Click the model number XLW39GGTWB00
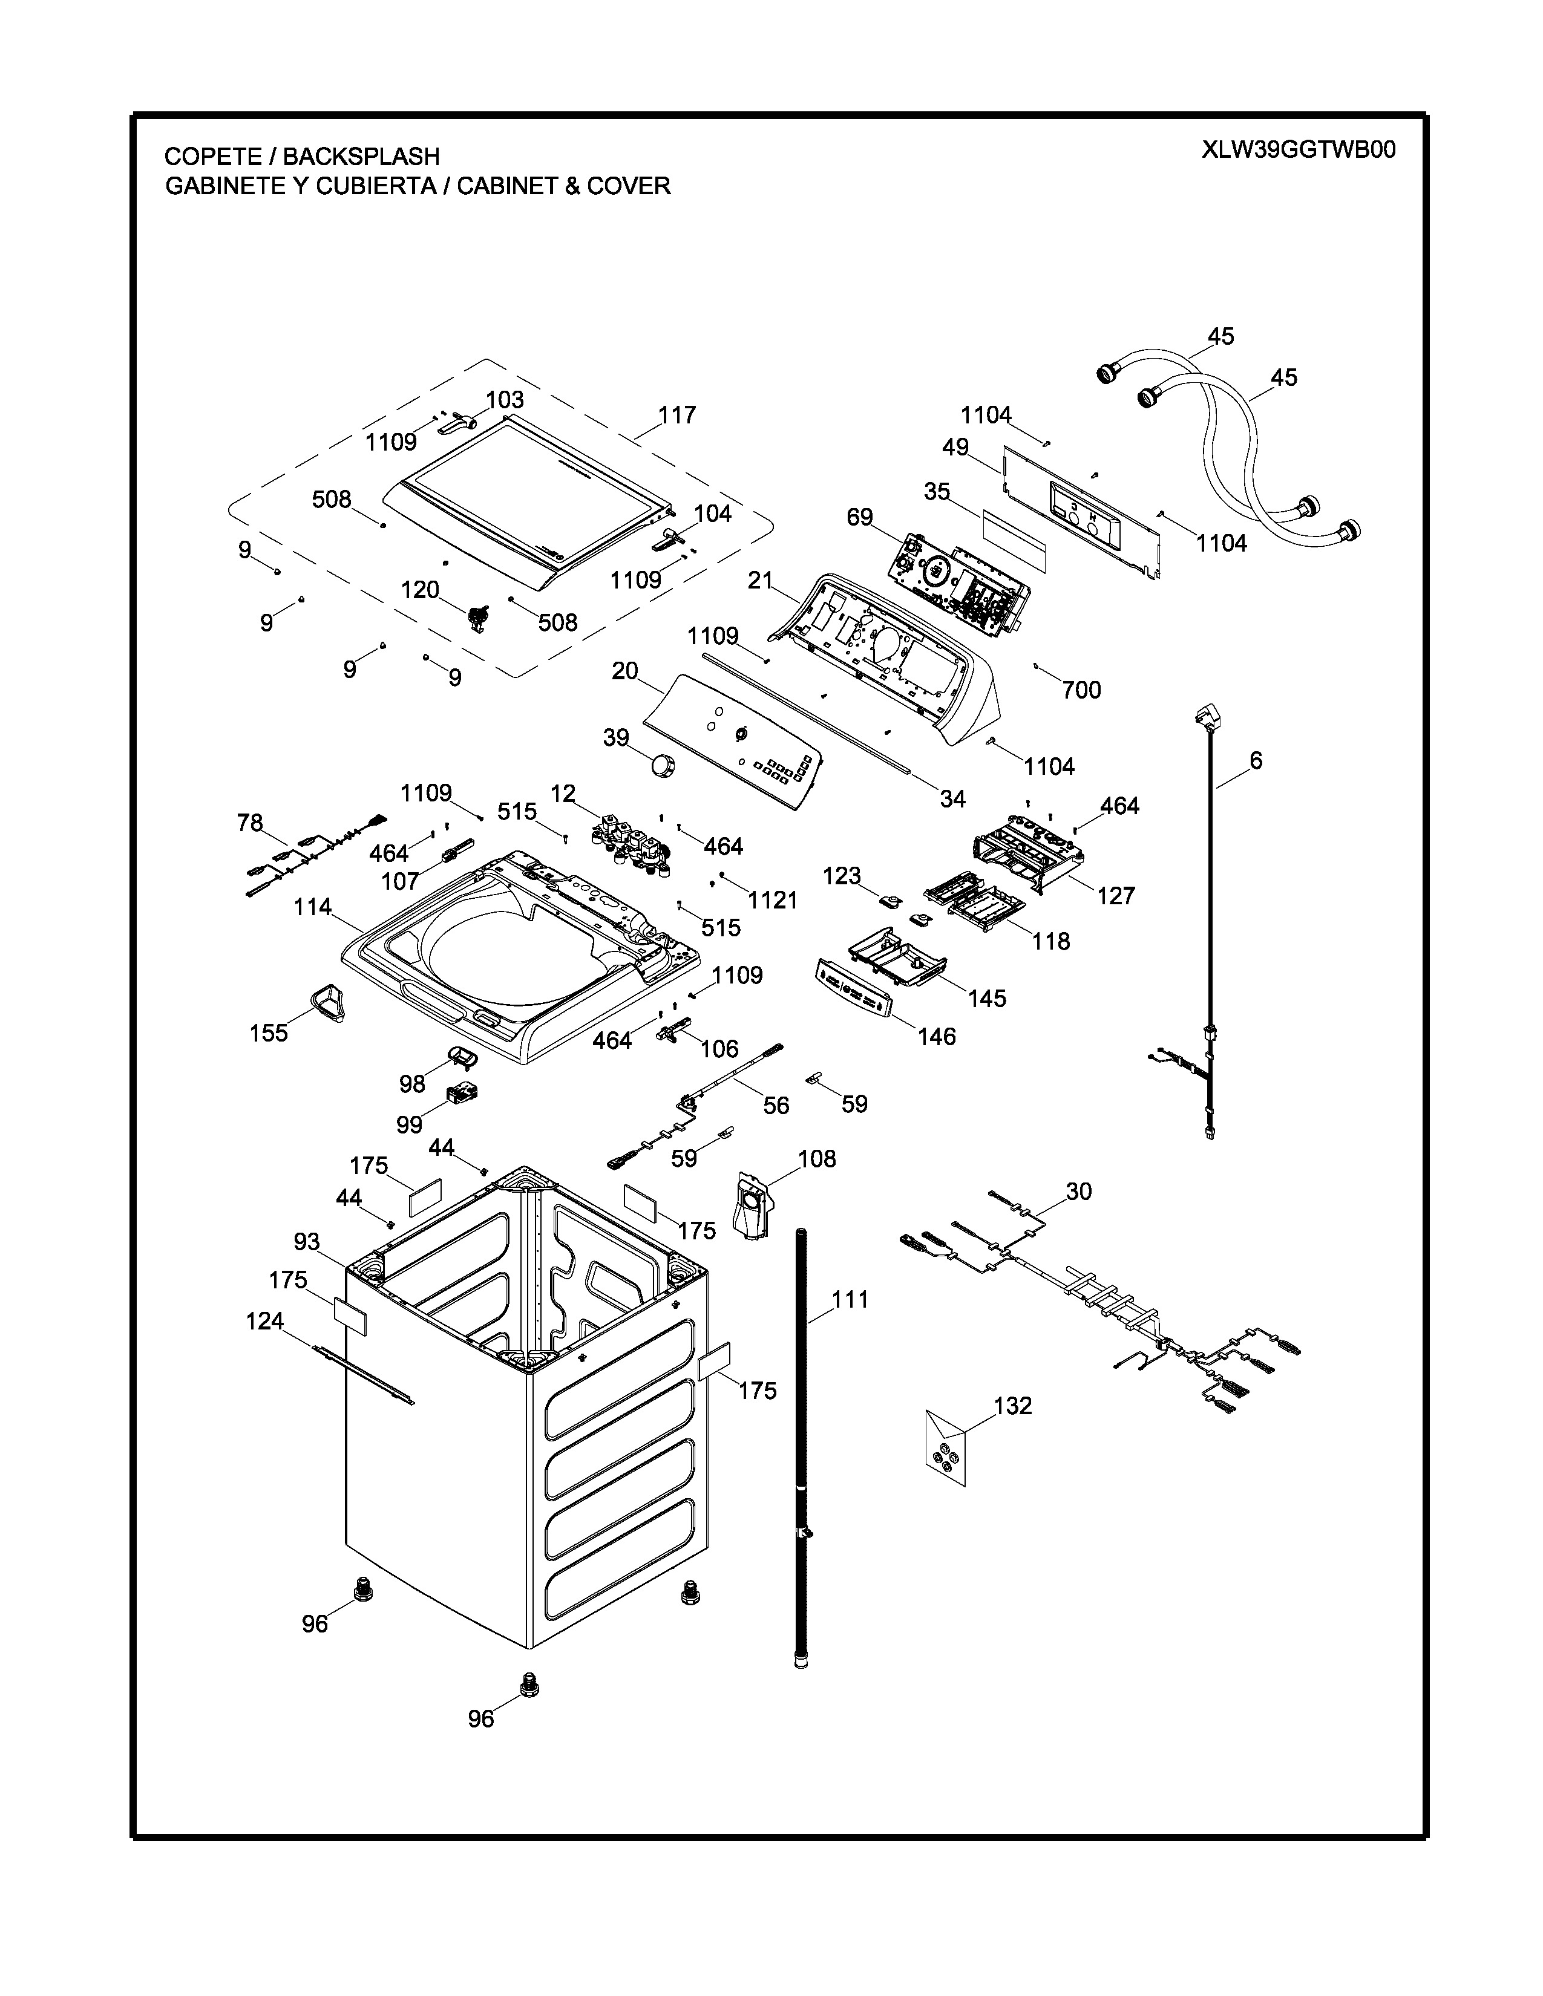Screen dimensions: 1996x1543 pos(1298,150)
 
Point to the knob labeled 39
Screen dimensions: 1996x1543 pos(663,762)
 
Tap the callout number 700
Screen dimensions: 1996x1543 pos(1081,690)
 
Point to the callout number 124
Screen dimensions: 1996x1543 pos(265,1322)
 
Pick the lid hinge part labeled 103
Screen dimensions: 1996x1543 pos(459,423)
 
